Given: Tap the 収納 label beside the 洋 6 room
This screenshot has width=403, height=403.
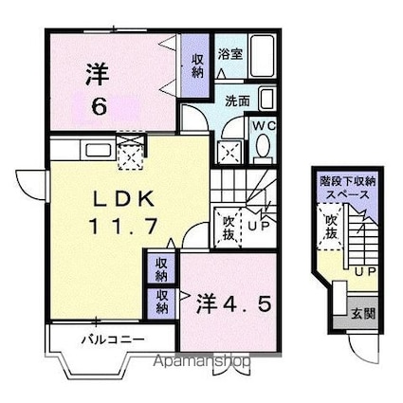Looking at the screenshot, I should pyautogui.click(x=198, y=64).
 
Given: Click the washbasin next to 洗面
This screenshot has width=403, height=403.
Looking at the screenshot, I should pyautogui.click(x=266, y=100).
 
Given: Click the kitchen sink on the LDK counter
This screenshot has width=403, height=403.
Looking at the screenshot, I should pyautogui.click(x=95, y=149).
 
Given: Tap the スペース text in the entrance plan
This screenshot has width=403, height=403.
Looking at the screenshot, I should pyautogui.click(x=349, y=192).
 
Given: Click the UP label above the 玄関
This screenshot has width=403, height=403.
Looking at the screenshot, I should pyautogui.click(x=365, y=273).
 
